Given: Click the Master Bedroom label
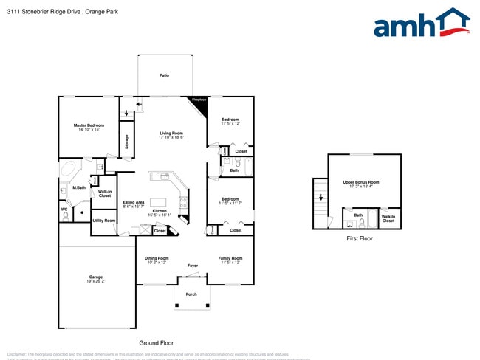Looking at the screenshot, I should click(89, 127).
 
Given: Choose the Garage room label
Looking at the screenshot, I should click(96, 279).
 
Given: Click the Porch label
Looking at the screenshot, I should click(191, 294).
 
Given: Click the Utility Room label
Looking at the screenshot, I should click(103, 221).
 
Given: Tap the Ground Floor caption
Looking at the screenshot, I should click(156, 343).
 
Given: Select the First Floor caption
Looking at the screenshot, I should click(360, 239).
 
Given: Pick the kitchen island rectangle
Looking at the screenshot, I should click(158, 201).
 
